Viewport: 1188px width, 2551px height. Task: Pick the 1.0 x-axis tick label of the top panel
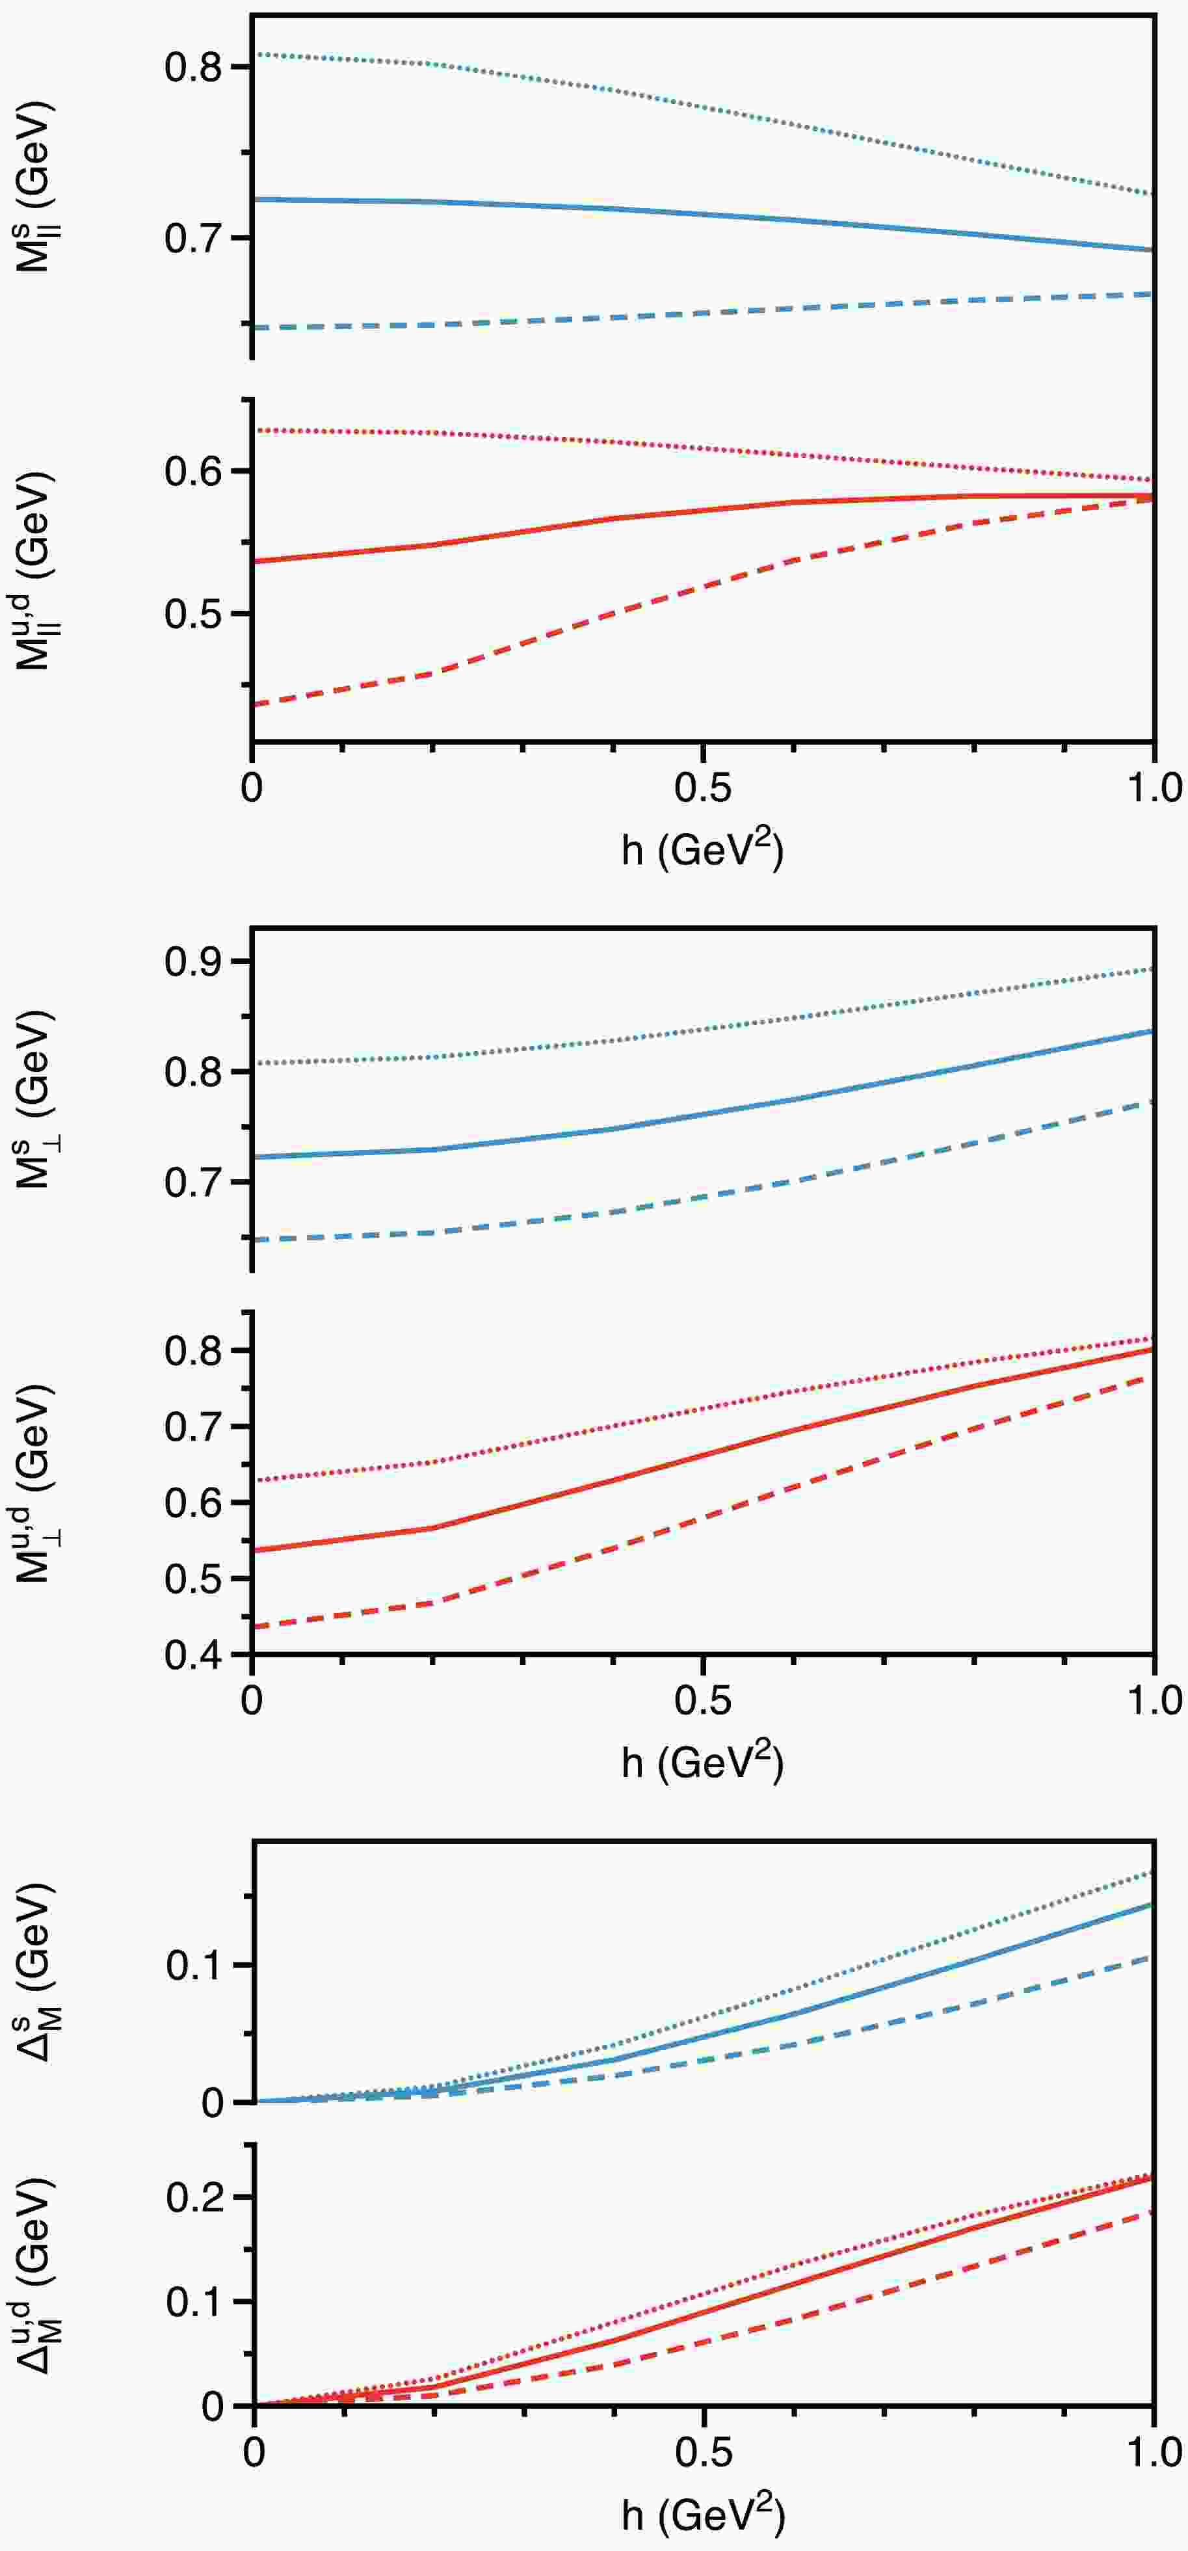1154,788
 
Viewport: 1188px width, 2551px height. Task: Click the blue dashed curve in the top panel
703,313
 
